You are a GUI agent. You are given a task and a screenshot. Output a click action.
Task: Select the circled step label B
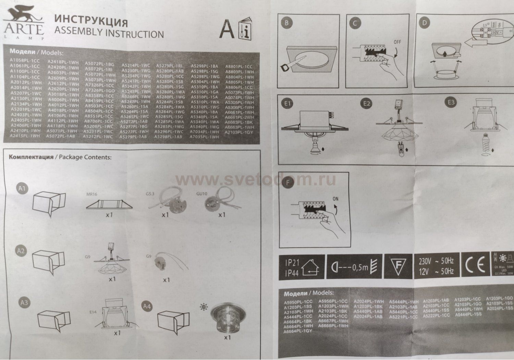point(286,23)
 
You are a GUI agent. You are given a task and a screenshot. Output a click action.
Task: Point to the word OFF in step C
point(397,42)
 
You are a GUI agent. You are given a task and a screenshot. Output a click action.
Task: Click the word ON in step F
point(336,199)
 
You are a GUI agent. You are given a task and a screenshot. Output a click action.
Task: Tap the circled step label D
point(425,23)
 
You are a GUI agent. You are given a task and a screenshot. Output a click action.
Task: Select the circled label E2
point(367,103)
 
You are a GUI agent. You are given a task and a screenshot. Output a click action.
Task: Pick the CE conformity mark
point(475,266)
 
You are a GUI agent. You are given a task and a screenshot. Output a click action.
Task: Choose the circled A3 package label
point(24,302)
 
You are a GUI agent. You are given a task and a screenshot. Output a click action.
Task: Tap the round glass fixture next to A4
point(221,318)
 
